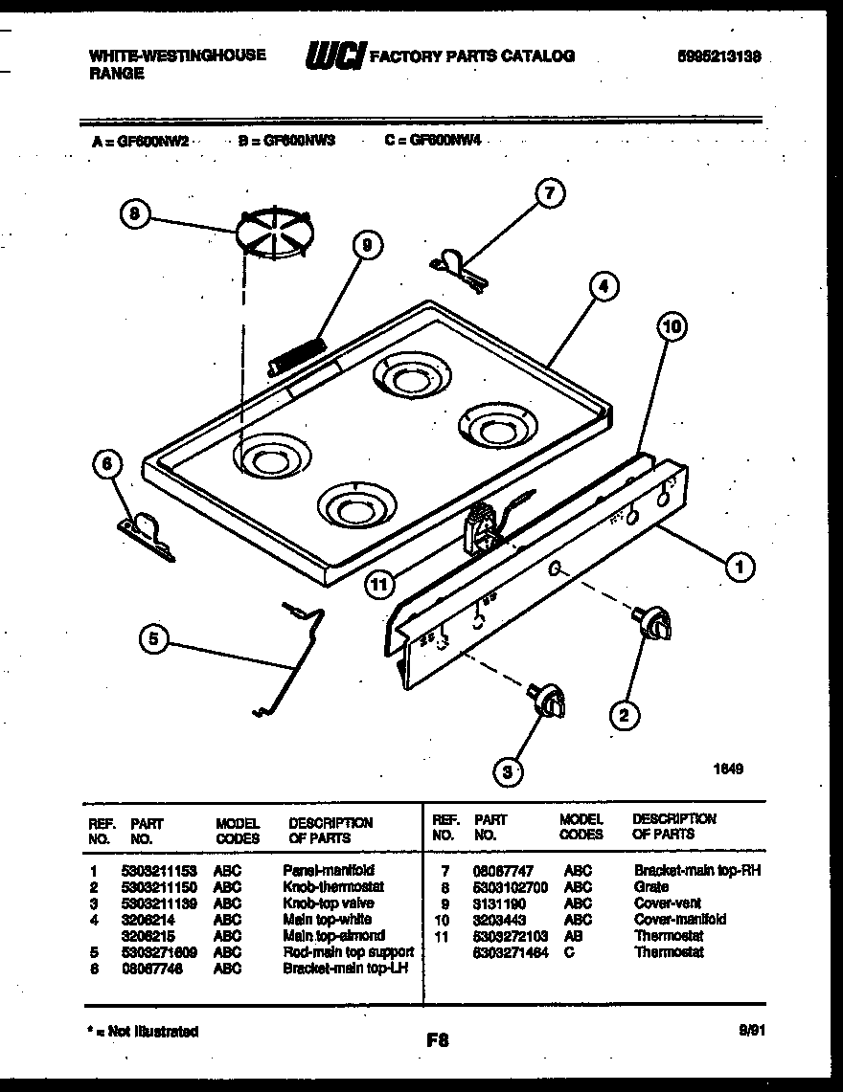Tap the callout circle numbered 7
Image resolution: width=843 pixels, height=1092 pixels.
548,194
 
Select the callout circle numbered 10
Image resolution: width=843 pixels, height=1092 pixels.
672,328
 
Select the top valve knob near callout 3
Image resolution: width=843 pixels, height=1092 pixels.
549,700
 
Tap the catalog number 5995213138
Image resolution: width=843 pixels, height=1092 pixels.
718,56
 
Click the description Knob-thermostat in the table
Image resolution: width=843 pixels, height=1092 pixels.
333,887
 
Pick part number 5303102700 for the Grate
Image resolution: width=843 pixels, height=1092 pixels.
511,887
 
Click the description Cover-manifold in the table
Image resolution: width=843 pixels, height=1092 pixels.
680,920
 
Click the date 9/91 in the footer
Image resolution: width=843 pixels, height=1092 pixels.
751,1031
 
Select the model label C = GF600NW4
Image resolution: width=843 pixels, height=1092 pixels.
432,140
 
